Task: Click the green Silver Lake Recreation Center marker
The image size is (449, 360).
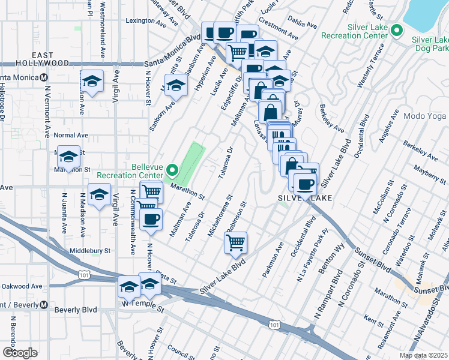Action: pos(396,30)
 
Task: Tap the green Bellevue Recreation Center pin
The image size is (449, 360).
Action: pos(172,172)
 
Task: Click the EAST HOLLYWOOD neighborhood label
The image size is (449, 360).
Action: pos(34,58)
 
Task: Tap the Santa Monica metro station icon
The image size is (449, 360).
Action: pos(43,77)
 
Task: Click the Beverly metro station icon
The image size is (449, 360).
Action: pos(43,305)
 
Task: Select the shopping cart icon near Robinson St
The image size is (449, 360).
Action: pos(235,242)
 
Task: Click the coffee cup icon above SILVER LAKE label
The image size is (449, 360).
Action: pos(304,184)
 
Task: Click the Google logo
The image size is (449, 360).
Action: pos(20,352)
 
